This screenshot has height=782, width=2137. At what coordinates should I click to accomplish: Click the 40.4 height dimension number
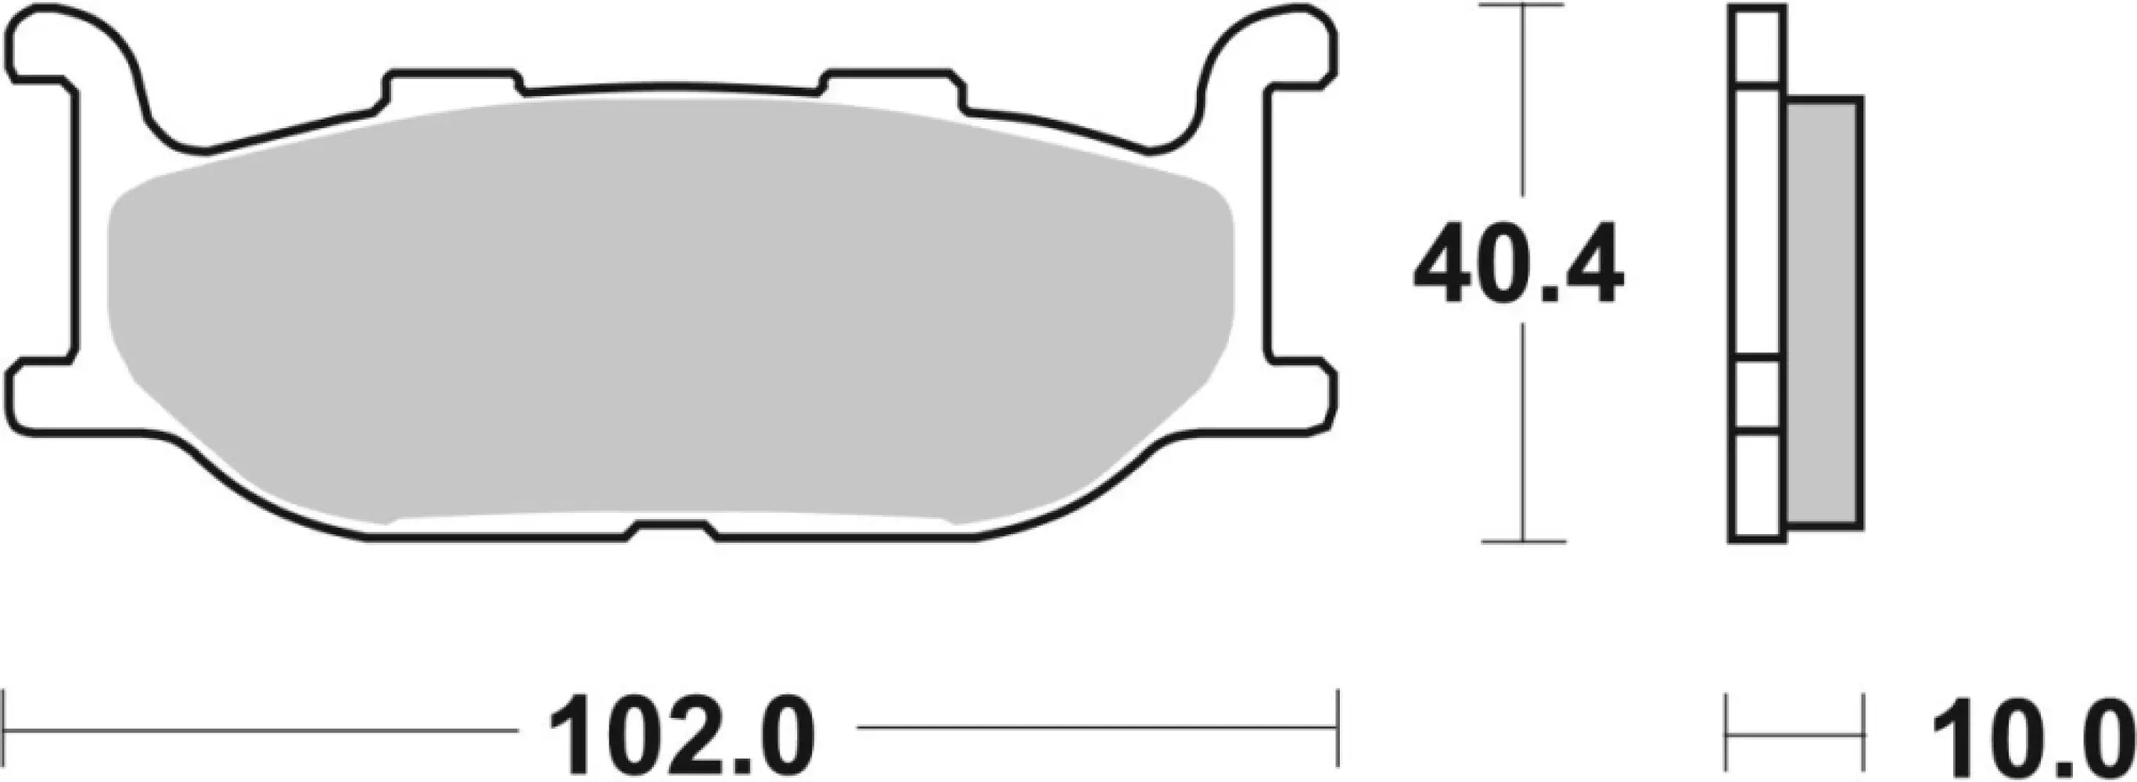tap(1517, 264)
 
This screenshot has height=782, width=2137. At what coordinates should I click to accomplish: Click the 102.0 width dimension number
tap(682, 736)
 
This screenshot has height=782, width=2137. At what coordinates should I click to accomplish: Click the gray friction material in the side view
tap(1823, 324)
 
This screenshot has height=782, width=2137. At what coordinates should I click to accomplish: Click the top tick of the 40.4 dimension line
tap(1522, 6)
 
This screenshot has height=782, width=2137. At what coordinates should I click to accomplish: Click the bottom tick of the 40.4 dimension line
tap(1522, 541)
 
